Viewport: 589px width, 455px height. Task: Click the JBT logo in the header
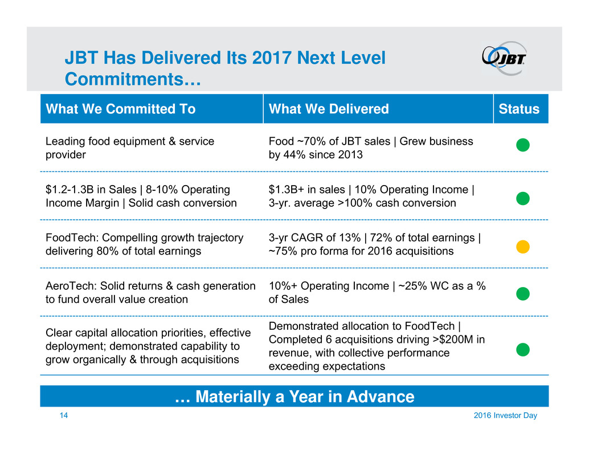point(504,58)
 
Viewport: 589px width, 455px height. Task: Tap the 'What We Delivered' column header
point(328,109)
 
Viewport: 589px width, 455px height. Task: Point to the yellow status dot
point(523,247)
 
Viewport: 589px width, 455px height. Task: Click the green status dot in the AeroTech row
point(523,293)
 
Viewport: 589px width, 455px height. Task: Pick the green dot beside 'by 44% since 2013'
point(523,146)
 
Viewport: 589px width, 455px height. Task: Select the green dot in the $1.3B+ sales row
point(523,198)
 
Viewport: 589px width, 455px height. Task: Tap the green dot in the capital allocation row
point(523,349)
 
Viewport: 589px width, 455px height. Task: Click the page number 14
point(64,416)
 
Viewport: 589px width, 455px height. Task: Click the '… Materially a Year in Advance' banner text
point(294,397)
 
